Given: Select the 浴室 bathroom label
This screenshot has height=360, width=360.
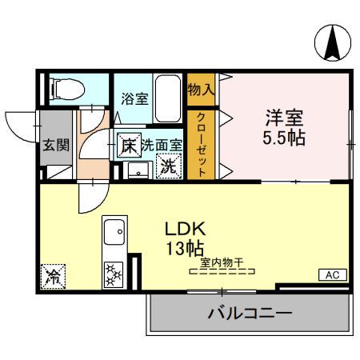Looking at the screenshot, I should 134,99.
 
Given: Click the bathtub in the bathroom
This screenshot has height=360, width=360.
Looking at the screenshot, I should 167,100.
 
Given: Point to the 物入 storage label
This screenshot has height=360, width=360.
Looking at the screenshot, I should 200,89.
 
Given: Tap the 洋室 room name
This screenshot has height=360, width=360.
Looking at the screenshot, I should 285,115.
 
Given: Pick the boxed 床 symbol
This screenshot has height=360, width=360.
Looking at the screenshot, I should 128,146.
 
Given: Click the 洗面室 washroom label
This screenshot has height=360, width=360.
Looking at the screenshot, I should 162,146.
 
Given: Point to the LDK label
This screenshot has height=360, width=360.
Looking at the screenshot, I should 184,226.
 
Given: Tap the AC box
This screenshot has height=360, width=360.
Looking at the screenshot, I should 332,274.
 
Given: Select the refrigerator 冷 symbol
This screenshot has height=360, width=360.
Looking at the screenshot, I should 54,277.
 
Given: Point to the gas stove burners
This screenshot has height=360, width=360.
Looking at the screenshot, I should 114,274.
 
